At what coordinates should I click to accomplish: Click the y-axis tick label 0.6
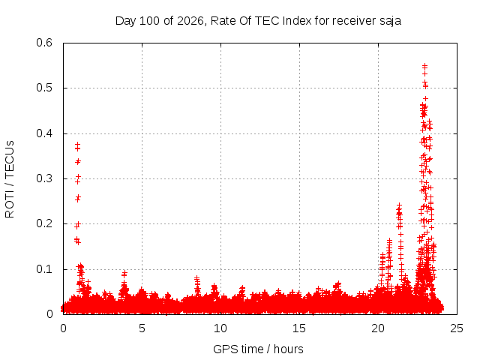(x=44, y=43)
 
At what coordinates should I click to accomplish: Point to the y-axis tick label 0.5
(x=44, y=88)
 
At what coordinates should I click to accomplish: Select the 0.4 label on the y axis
(x=44, y=133)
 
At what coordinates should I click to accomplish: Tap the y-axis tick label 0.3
(x=44, y=178)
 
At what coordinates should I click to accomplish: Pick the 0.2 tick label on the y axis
(x=44, y=223)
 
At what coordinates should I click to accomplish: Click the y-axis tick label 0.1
(x=44, y=269)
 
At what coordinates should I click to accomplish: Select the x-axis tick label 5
(x=142, y=328)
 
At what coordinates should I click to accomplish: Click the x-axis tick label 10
(x=220, y=328)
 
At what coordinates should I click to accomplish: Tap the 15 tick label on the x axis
(x=299, y=328)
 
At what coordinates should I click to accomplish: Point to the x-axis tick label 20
(x=378, y=328)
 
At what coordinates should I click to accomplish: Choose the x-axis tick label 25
(x=457, y=328)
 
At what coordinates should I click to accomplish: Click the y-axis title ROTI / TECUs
(x=10, y=179)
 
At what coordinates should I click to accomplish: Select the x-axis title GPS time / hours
(x=258, y=349)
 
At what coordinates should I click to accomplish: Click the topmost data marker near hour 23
(x=424, y=66)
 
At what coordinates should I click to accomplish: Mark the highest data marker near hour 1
(x=78, y=143)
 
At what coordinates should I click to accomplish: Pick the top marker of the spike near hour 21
(x=399, y=205)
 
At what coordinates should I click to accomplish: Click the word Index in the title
(x=297, y=21)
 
